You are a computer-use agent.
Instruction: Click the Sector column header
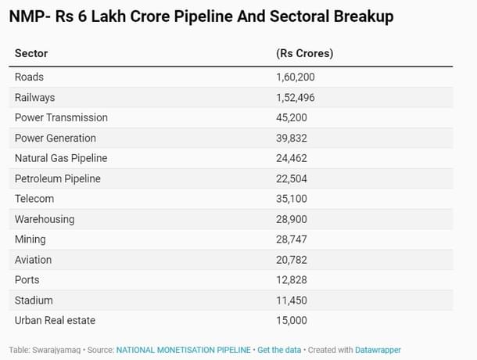point(31,53)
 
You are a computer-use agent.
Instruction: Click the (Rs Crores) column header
point(304,53)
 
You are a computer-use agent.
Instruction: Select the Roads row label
point(29,77)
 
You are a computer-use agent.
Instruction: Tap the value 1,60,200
point(296,77)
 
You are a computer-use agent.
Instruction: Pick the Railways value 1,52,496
point(296,97)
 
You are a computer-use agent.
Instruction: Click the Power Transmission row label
point(61,117)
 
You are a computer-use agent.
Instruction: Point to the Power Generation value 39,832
point(292,138)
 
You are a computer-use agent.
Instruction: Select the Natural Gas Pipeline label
point(61,158)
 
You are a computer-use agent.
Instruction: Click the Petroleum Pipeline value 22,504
point(292,178)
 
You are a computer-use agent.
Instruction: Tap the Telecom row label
point(34,199)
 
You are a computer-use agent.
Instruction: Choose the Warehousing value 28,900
point(292,219)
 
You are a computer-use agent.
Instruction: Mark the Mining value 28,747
point(292,239)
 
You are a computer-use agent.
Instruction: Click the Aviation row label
point(33,260)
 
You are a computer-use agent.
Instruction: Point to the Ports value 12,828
point(292,279)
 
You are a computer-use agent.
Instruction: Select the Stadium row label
point(34,300)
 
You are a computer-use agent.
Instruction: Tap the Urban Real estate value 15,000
point(292,320)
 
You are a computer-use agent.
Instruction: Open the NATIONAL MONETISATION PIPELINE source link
point(184,350)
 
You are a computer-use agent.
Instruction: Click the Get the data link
point(279,350)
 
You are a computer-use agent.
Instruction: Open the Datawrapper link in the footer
point(378,350)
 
